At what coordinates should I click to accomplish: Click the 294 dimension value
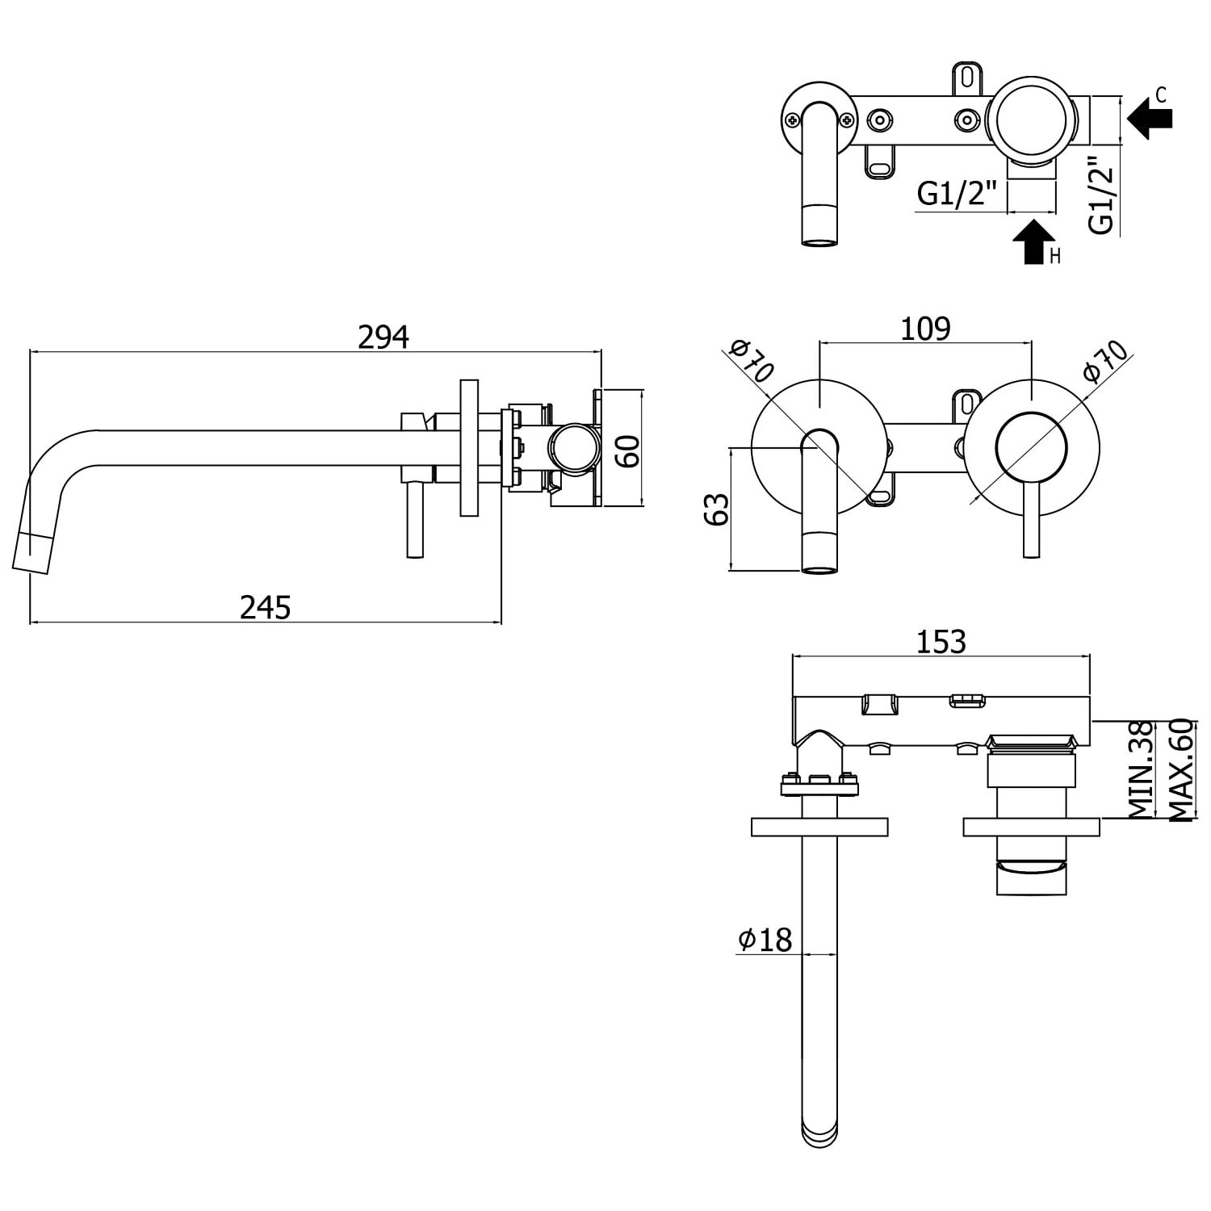383,337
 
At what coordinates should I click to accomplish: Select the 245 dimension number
265,606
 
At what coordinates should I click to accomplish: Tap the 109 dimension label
925,329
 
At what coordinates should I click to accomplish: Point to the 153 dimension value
941,641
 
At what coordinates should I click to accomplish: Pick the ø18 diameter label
765,939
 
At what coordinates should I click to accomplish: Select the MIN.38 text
1140,770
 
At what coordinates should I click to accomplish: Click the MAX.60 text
1180,770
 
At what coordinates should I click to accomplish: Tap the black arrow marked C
1150,119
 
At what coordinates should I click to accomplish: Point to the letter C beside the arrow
1161,95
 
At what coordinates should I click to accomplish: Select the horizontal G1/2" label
957,195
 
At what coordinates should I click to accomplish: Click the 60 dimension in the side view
628,450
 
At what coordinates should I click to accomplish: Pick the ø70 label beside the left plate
752,361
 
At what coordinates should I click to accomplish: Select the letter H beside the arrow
1054,257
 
